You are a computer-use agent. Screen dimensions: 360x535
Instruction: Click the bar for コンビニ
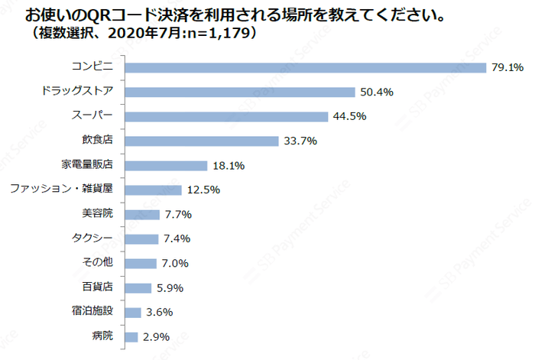[x=305, y=68]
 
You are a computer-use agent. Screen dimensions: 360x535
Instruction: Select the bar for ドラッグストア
[x=239, y=92]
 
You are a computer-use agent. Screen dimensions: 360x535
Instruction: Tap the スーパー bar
[x=225, y=117]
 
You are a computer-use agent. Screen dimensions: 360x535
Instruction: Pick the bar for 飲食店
[x=200, y=141]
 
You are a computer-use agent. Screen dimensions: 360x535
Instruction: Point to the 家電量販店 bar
[x=165, y=166]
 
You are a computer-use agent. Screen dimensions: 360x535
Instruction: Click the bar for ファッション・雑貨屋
[x=152, y=190]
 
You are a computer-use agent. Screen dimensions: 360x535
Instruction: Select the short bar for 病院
[x=131, y=337]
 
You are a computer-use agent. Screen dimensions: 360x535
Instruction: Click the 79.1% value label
[x=507, y=68]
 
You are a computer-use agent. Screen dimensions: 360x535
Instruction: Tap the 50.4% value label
[x=377, y=92]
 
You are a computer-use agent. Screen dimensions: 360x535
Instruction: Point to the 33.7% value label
[x=300, y=141]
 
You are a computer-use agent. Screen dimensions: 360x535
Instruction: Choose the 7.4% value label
[x=177, y=239]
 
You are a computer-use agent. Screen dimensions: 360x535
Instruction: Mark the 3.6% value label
[x=159, y=313]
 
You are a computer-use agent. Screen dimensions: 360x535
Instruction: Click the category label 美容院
[x=97, y=214]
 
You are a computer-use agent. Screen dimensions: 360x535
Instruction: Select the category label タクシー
[x=95, y=238]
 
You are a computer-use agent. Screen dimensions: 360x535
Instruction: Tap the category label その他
[x=97, y=263]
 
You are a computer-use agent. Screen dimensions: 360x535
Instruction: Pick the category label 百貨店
[x=97, y=287]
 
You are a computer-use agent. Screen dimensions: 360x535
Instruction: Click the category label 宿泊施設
[x=92, y=312]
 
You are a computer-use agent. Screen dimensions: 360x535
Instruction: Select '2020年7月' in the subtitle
[x=146, y=34]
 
